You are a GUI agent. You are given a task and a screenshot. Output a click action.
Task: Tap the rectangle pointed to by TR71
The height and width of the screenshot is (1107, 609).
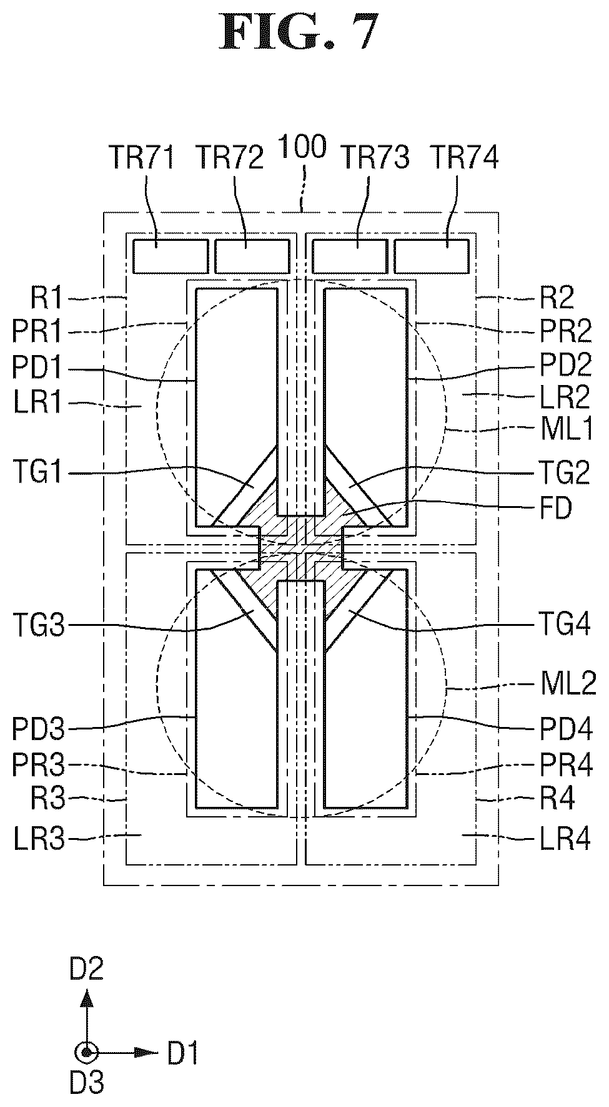click(x=171, y=256)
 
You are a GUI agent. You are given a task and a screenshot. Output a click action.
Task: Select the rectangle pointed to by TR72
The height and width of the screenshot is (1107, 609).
click(x=252, y=256)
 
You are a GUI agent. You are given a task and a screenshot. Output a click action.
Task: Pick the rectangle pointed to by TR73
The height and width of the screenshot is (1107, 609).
click(x=350, y=256)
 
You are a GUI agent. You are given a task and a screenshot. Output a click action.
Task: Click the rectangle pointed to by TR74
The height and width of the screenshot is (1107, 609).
click(x=432, y=256)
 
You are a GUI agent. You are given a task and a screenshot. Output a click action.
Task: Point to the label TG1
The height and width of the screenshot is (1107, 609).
click(x=37, y=474)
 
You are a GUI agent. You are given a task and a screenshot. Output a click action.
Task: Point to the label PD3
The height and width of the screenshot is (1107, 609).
click(x=38, y=728)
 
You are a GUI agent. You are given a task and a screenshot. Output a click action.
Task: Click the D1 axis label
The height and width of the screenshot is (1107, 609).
click(x=183, y=1054)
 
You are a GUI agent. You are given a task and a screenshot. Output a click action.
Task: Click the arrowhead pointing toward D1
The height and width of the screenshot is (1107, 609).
click(x=147, y=1053)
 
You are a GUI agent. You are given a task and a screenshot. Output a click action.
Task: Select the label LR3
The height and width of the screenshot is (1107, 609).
click(x=38, y=839)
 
